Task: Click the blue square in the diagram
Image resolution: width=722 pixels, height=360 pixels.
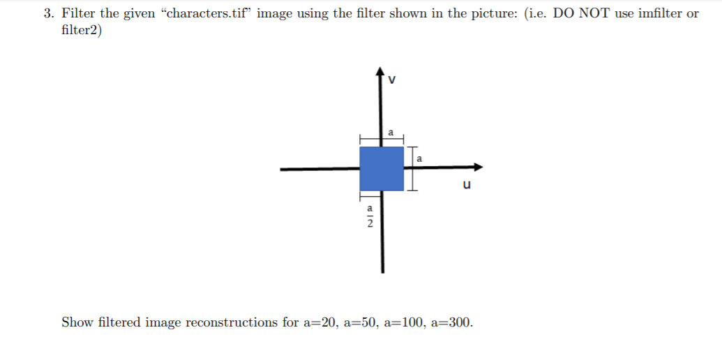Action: [x=382, y=168]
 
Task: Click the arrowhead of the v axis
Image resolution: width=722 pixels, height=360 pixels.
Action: [x=380, y=71]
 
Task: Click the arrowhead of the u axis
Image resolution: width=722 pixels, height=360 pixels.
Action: [x=478, y=167]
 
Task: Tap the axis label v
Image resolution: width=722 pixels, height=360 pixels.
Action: [x=392, y=79]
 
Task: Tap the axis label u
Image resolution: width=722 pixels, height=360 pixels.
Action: [x=467, y=185]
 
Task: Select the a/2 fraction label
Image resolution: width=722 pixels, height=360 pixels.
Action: [x=370, y=216]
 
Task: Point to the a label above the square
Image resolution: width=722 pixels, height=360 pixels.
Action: [x=391, y=131]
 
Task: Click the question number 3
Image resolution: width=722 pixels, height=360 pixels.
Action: [x=47, y=13]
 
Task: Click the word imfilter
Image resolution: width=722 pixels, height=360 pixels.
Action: [x=660, y=13]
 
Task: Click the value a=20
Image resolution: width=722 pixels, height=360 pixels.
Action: [x=322, y=322]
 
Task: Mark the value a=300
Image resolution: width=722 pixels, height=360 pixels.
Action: [x=455, y=322]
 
